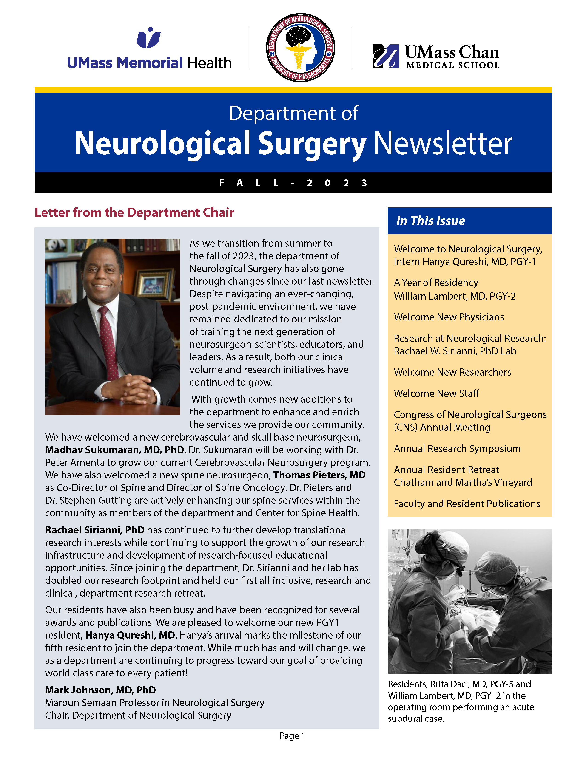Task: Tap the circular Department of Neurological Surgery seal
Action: (300, 48)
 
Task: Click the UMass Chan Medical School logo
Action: (436, 56)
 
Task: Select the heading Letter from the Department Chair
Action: (134, 212)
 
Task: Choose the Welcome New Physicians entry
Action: (449, 317)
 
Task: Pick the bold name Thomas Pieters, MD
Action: (319, 475)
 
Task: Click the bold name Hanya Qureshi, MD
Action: (130, 635)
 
